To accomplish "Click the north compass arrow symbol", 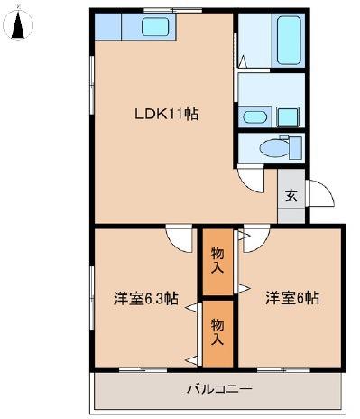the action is pos(18,24).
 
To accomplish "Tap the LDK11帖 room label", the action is pos(166,115).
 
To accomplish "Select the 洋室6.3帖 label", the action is pos(146,299).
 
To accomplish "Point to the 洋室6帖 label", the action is pos(292,298).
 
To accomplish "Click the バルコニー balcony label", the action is pos(219,389).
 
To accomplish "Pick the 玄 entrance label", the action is pos(291,195).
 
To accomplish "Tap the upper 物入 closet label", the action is pos(217,260).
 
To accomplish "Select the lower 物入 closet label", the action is pos(217,332).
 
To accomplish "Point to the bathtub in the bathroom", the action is pos(289,40).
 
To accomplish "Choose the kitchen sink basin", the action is pos(155,26).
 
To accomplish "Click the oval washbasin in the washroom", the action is pos(254,116).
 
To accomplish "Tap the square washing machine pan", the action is pos(288,117).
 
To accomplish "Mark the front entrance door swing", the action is pos(321,193).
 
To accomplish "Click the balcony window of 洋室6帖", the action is pos(284,369).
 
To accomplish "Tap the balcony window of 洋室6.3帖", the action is pos(143,369).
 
